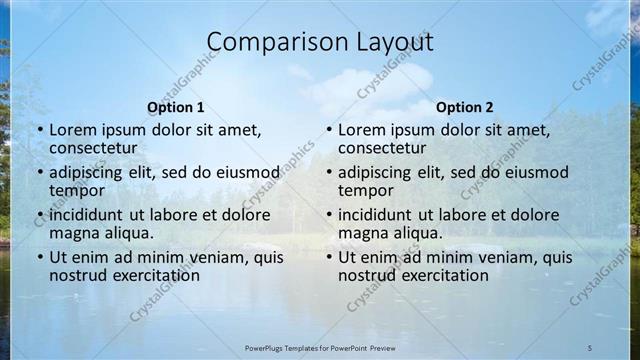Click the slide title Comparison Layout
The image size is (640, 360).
320,42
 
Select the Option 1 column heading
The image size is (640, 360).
175,107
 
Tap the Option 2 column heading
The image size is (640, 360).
465,107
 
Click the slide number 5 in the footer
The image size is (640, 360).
589,347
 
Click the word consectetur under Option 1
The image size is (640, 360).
93,148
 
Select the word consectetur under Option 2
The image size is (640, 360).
382,148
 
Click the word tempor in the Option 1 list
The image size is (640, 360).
77,190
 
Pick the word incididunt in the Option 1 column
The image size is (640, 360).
88,214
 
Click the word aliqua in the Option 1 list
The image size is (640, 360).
129,233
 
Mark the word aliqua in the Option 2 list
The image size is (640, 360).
418,233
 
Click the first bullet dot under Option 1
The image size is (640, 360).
39,130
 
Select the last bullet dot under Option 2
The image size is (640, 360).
328,257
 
